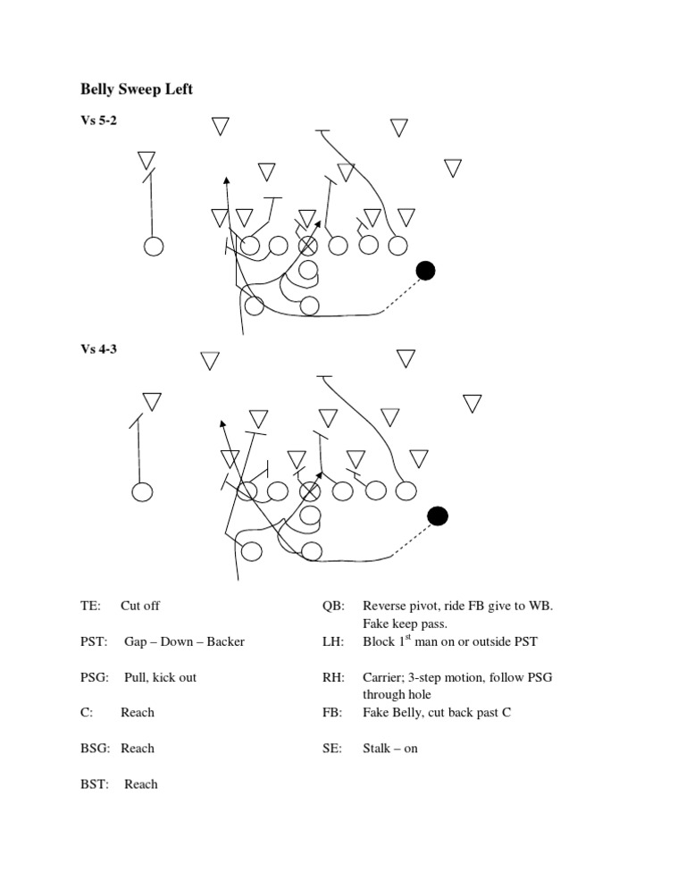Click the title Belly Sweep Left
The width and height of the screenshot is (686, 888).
point(137,89)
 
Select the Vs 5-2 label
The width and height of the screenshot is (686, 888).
point(98,120)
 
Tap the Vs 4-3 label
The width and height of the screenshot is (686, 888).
point(98,348)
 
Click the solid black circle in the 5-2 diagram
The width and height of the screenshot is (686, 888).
point(425,271)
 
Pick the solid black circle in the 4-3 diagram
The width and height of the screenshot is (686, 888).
point(438,516)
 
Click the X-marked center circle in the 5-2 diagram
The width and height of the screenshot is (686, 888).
point(307,246)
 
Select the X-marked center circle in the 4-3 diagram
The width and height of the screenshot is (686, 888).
point(309,491)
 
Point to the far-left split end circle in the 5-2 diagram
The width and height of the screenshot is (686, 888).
point(154,247)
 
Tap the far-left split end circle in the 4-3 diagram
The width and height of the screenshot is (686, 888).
point(142,491)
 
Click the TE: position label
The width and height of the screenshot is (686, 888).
point(90,606)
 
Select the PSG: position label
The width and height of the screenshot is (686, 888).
point(95,677)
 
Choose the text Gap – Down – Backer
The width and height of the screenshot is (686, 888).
point(185,641)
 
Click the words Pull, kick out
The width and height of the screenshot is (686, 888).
point(160,677)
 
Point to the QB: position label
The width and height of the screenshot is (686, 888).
point(334,606)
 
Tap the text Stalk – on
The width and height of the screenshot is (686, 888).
point(390,749)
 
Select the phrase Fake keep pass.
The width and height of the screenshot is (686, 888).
point(405,624)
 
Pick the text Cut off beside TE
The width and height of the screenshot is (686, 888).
point(140,606)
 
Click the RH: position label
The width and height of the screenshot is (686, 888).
point(334,677)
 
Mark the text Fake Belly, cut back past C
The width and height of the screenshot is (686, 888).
point(437,712)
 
